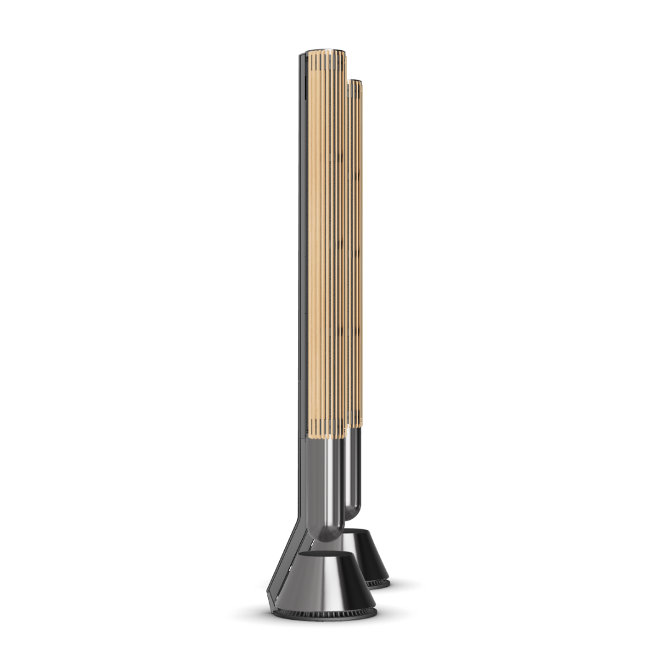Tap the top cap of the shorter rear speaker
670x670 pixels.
pos(355,82)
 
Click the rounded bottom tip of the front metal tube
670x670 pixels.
pos(329,534)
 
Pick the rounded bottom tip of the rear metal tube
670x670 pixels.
pos(352,514)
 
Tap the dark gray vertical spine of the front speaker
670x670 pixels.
pos(303,248)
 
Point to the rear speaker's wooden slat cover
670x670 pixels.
pos(356,248)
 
